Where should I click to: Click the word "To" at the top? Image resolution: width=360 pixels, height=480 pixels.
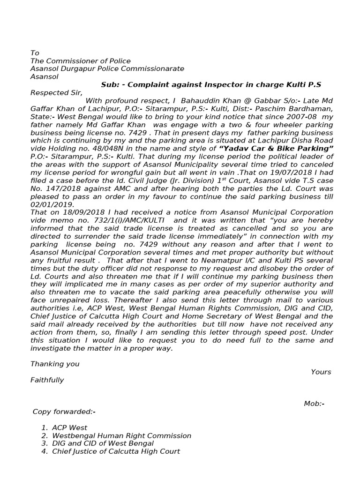point(35,53)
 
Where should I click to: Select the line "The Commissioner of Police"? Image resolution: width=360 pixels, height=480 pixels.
point(80,61)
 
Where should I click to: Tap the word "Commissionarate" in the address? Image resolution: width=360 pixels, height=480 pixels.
point(157,69)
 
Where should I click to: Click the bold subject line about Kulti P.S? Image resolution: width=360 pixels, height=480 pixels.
point(211,85)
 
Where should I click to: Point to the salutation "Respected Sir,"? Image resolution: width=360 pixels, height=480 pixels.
point(56,93)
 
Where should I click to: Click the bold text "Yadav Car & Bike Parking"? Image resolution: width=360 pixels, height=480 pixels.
point(273,149)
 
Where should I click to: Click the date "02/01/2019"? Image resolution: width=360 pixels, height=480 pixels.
point(52,204)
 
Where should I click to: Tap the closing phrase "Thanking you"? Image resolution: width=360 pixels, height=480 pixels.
point(55,364)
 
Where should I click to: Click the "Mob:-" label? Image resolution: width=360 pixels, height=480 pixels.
point(314,404)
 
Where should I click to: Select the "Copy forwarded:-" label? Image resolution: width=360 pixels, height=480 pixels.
point(64,412)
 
